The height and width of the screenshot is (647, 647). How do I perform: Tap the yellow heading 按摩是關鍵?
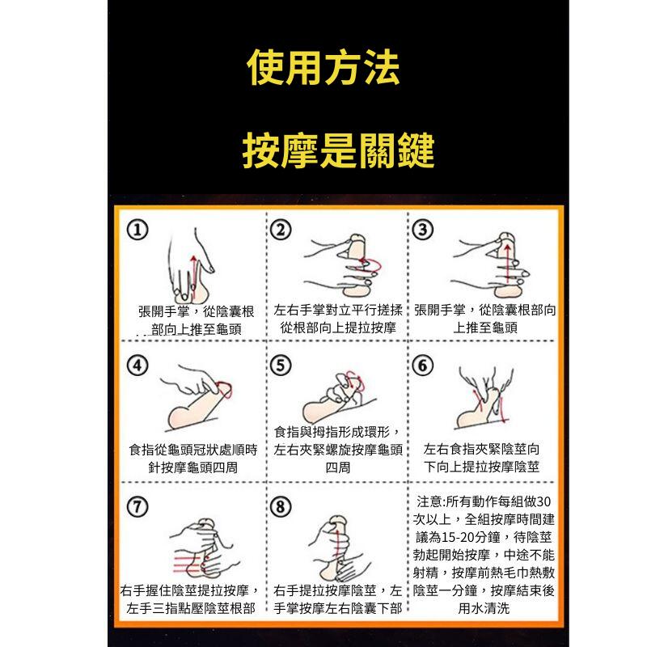(x=339, y=150)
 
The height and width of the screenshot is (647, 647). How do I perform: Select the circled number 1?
(x=138, y=230)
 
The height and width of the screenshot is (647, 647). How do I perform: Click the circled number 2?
(x=280, y=230)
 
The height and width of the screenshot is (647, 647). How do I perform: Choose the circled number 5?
(x=280, y=366)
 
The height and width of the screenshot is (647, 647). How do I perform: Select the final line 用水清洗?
(x=484, y=607)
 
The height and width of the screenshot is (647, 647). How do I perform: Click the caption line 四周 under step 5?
(x=337, y=467)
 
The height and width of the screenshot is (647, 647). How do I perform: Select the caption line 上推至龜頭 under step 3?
(x=485, y=328)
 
